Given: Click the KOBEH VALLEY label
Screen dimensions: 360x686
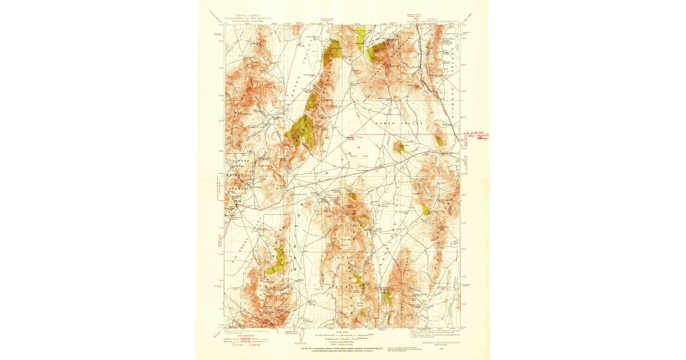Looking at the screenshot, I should [x=398, y=123].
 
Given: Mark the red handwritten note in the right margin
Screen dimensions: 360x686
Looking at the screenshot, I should [x=476, y=136].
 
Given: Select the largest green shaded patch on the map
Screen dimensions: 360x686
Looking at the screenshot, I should [x=301, y=131].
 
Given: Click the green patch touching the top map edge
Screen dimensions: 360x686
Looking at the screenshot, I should [x=360, y=38].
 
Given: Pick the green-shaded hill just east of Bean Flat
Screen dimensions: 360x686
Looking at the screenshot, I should [x=398, y=147].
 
